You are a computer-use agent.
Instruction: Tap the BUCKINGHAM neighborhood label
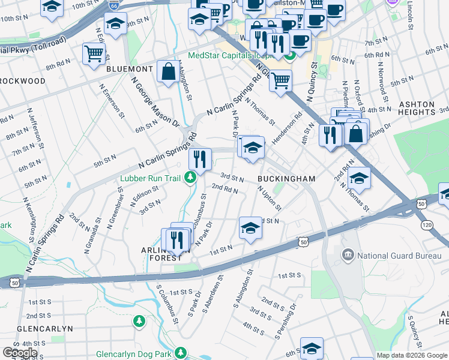(286, 179)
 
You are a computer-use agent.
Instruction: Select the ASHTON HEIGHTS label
(417, 108)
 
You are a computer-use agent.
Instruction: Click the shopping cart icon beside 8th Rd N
(94, 53)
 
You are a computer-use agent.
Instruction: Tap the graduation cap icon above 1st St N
(250, 227)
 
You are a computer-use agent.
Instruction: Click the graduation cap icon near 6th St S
(311, 348)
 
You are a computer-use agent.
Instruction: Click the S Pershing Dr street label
(286, 320)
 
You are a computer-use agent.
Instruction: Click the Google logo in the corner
(20, 353)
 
